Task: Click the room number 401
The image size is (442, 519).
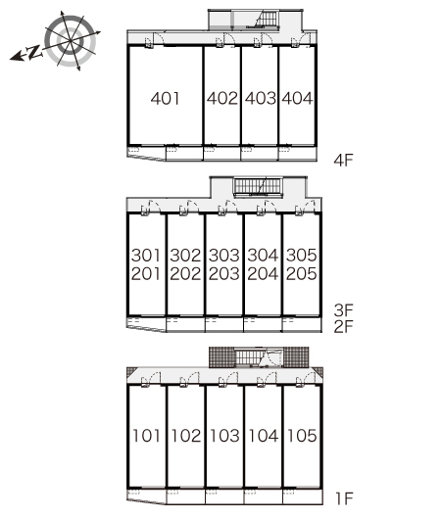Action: tap(165, 98)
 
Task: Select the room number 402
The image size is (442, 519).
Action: tap(222, 98)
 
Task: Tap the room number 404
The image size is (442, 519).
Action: tap(297, 98)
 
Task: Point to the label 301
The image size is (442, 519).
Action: tap(146, 256)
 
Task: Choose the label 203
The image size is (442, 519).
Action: tap(224, 274)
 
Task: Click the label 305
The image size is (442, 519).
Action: tap(302, 256)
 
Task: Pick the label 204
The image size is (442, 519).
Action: tap(263, 274)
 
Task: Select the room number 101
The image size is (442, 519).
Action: tap(146, 436)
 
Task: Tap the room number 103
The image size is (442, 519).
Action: tap(224, 436)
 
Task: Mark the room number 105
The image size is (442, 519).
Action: tap(302, 436)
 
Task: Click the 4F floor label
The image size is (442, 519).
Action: tap(344, 161)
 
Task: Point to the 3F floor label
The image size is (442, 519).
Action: tap(344, 310)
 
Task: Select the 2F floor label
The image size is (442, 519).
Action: tap(344, 327)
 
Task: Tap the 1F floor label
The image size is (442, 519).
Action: tap(345, 499)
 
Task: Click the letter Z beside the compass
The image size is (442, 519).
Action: tap(34, 52)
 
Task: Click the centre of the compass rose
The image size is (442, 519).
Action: tap(71, 41)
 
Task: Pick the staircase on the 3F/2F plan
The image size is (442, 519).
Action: tap(259, 187)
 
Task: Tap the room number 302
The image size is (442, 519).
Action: tap(185, 256)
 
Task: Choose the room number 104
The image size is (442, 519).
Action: tap(264, 436)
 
